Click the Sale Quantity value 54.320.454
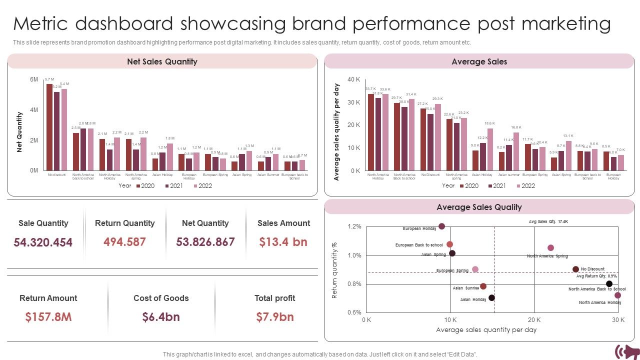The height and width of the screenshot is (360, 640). click(43, 242)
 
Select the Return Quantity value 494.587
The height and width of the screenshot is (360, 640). click(124, 242)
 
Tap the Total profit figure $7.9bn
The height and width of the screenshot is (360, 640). click(274, 317)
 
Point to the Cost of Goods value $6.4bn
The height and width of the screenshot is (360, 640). click(161, 317)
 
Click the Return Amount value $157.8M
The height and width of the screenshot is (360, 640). click(48, 317)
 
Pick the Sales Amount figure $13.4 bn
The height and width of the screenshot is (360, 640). click(283, 242)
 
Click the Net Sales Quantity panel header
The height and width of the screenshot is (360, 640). click(162, 61)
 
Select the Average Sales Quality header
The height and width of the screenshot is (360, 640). click(478, 207)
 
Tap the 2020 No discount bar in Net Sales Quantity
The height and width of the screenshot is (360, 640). click(49, 126)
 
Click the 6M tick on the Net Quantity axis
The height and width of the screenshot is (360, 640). click(34, 80)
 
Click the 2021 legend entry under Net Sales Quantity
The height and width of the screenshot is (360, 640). click(174, 185)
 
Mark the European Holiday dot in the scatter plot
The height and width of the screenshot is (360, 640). click(441, 226)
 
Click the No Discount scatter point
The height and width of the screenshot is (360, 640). click(575, 269)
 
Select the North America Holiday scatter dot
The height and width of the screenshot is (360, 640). click(617, 295)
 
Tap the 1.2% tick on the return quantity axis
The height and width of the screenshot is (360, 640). click(354, 227)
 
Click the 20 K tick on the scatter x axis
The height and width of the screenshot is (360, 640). click(534, 320)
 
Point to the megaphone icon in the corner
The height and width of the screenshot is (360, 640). click(626, 351)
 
